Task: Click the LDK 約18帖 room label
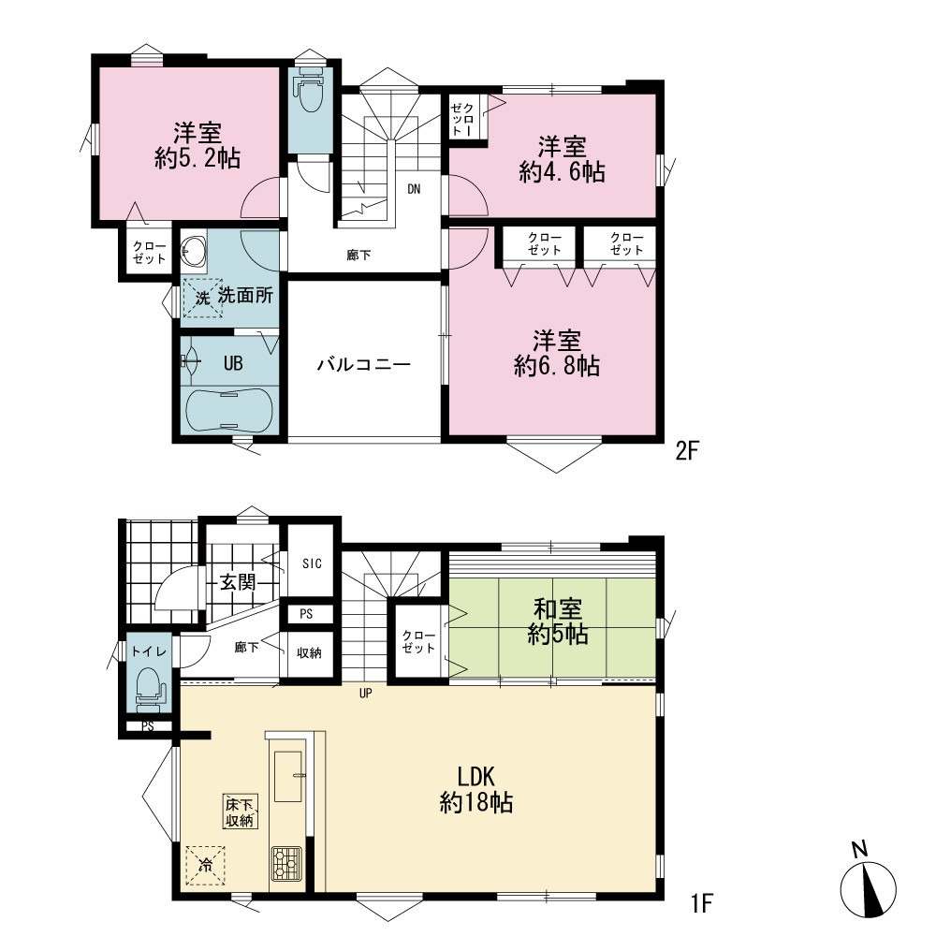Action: click(476, 790)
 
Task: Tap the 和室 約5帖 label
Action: click(558, 622)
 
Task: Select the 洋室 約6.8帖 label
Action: click(557, 354)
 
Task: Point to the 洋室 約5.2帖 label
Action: click(197, 146)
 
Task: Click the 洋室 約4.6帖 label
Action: click(563, 159)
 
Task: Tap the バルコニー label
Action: click(363, 363)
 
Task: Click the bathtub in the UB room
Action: click(229, 410)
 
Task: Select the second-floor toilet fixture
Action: click(310, 90)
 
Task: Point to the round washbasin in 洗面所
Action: click(194, 251)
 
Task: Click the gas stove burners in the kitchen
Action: click(287, 864)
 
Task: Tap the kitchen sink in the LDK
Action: click(288, 776)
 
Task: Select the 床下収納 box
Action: click(240, 812)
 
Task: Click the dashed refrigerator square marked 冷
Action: click(205, 866)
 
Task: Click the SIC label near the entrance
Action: click(312, 563)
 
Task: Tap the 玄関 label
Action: click(238, 582)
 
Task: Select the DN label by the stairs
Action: click(414, 189)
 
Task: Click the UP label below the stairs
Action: click(365, 693)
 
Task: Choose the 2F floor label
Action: click(686, 451)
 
